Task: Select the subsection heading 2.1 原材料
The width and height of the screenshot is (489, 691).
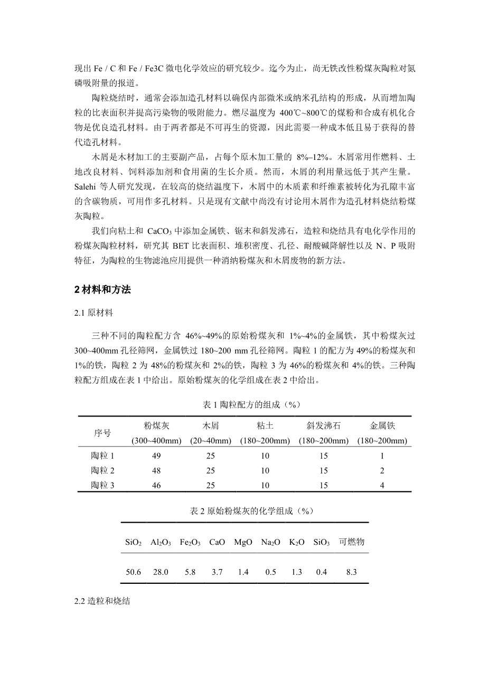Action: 94,313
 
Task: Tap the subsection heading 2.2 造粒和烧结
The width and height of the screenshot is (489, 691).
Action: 102,602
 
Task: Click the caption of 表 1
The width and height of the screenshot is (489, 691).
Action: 244,404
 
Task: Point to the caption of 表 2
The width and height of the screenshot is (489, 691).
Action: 244,511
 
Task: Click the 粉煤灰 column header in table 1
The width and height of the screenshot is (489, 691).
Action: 156,425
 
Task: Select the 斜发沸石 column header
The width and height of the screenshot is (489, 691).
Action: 324,425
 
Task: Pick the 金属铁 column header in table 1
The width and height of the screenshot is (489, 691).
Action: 382,425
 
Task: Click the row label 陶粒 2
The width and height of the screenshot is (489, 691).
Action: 102,470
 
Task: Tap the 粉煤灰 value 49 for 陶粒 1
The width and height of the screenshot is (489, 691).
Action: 156,456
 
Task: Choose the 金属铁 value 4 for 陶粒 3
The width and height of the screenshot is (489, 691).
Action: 382,486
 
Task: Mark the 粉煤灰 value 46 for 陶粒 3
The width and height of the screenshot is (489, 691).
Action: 156,486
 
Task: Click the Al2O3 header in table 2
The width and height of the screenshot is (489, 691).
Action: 161,542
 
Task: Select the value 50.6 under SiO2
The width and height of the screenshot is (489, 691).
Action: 133,572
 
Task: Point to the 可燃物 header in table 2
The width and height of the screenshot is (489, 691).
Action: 352,542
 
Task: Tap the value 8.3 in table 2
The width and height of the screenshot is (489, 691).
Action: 352,572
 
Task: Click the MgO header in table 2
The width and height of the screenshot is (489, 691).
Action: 243,542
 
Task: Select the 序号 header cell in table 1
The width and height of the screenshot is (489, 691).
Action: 102,433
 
